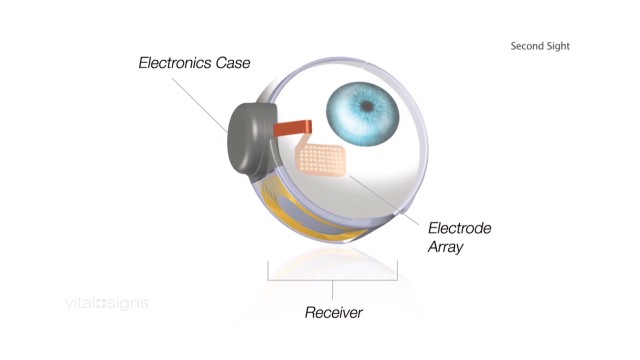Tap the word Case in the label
tap(233, 63)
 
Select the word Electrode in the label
tap(460, 228)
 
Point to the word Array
tap(445, 247)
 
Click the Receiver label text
tap(333, 313)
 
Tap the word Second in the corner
tap(526, 46)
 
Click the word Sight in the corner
tap(557, 47)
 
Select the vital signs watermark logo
tap(107, 304)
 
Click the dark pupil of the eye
tap(368, 107)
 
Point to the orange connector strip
tap(293, 128)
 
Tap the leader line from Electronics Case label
tap(200, 105)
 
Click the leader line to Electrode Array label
tap(384, 200)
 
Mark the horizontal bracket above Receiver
tap(333, 280)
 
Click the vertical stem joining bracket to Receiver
tap(333, 290)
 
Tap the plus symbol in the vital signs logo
tap(101, 304)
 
